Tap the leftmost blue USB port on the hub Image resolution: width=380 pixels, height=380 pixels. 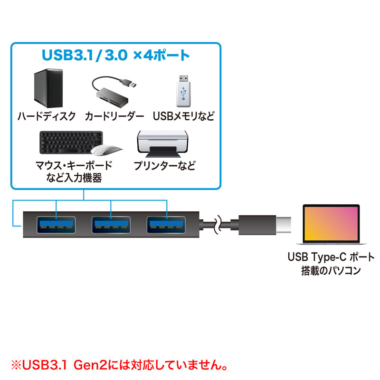coord(57,224)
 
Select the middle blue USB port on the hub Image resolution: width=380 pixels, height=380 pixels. coord(111,224)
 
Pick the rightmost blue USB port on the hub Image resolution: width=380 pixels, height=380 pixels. coord(166,224)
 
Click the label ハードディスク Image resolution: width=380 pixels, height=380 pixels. coord(47,116)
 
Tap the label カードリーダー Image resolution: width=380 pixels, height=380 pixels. coord(114,116)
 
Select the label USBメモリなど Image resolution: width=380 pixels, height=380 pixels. coord(184,116)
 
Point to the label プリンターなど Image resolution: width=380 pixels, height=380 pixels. coord(164,166)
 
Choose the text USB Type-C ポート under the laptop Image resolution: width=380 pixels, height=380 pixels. coord(331,257)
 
